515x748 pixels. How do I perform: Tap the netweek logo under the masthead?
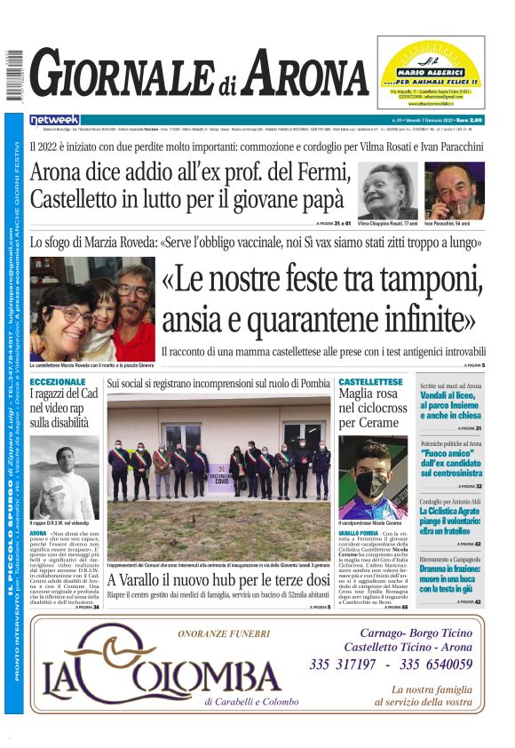click(x=54, y=119)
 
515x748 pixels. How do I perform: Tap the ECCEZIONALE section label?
click(x=58, y=382)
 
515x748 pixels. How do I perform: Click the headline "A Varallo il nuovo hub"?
click(x=218, y=581)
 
